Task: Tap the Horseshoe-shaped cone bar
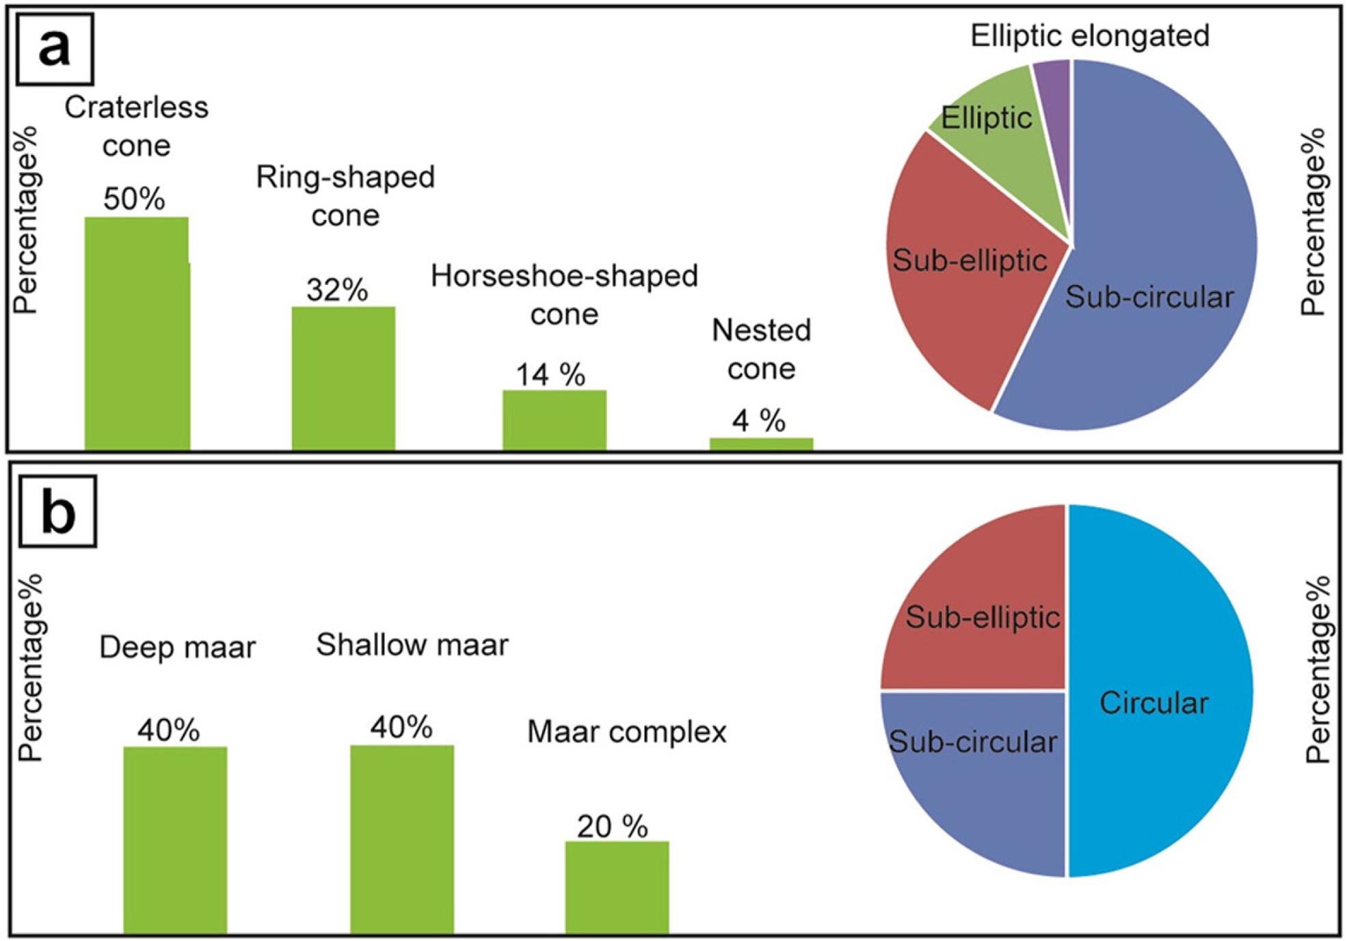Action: click(554, 420)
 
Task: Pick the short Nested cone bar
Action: click(761, 444)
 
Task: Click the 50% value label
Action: click(134, 199)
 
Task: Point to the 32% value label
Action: click(337, 290)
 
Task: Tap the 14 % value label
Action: click(550, 374)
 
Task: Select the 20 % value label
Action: click(612, 827)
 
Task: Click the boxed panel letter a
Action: click(55, 49)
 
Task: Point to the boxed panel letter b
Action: click(58, 512)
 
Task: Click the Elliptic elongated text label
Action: click(1090, 36)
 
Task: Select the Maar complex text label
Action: click(626, 732)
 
